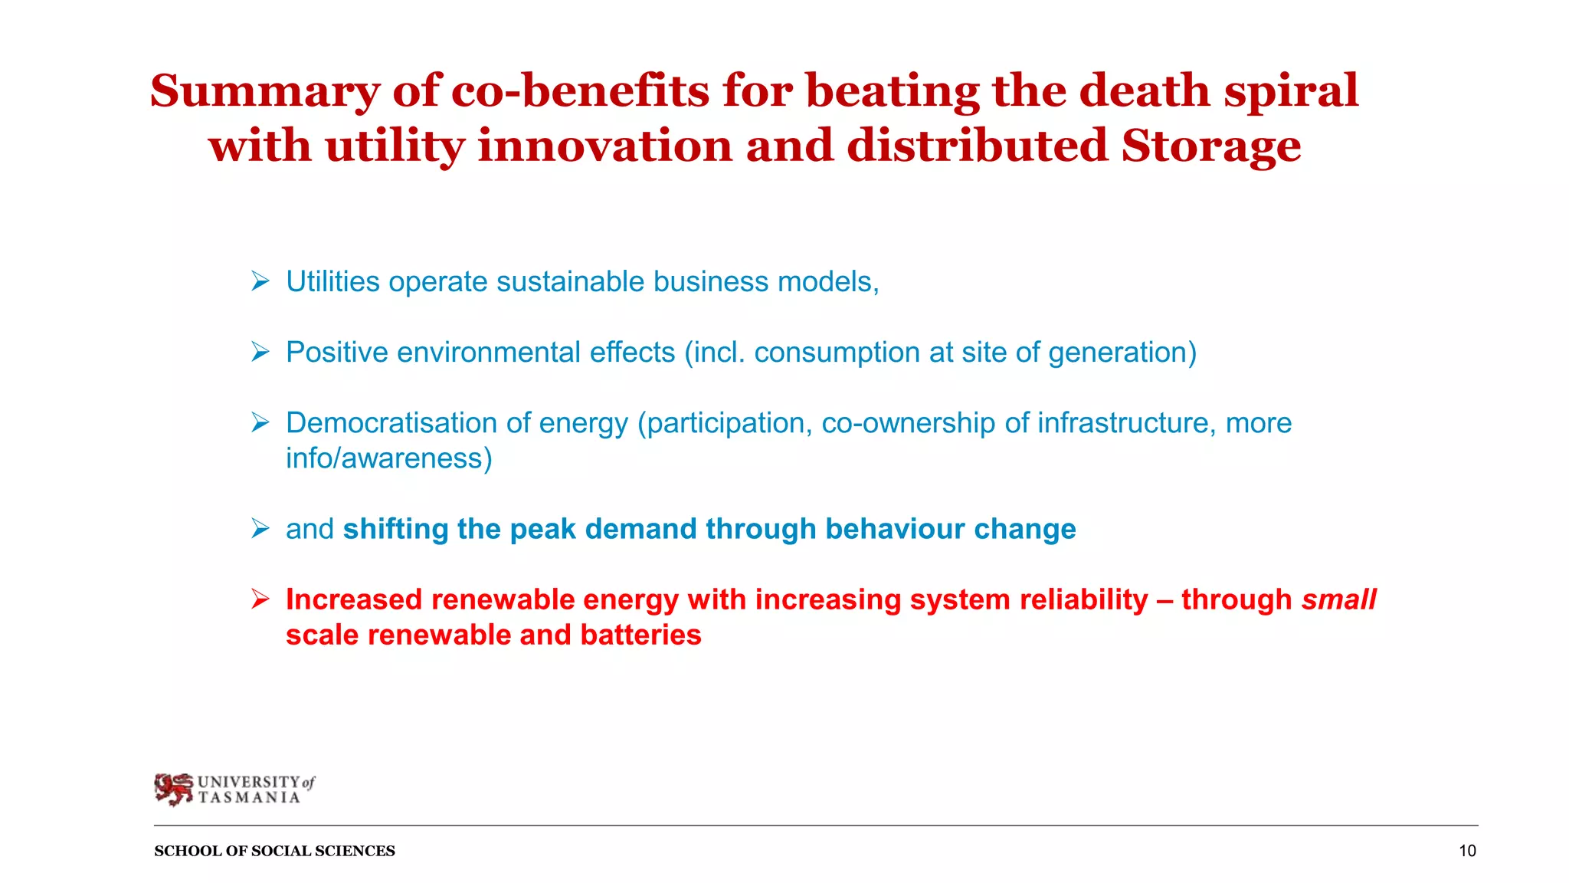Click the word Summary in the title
click(x=264, y=92)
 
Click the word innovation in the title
click(x=604, y=146)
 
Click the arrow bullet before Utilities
click(x=260, y=282)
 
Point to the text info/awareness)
click(x=388, y=458)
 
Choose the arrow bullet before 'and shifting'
click(x=260, y=529)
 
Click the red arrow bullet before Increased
click(x=260, y=599)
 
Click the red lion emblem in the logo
click(x=174, y=789)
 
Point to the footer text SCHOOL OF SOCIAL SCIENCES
click(x=274, y=851)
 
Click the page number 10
click(x=1466, y=851)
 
